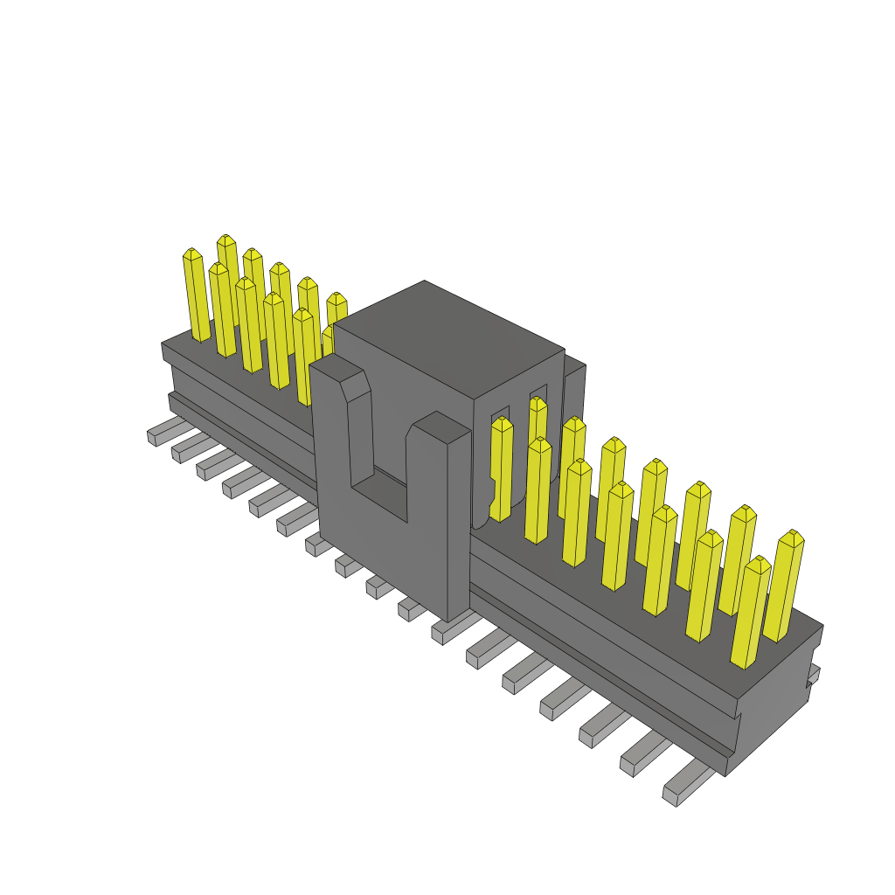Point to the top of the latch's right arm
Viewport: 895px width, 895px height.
pyautogui.click(x=441, y=427)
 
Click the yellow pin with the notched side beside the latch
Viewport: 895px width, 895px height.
pyautogui.click(x=501, y=472)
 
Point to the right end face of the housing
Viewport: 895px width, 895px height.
pyautogui.click(x=774, y=699)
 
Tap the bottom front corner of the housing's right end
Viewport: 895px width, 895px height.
pyautogui.click(x=726, y=774)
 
